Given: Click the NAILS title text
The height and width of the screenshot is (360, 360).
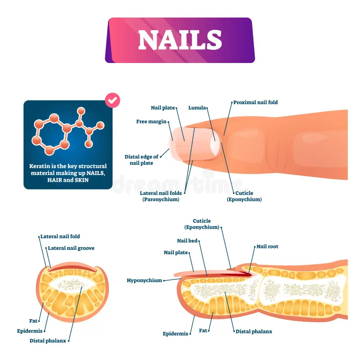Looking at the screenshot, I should (180, 40).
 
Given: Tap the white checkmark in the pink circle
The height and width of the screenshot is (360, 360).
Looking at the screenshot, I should (112, 102).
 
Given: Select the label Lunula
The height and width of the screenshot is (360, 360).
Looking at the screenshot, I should (198, 108).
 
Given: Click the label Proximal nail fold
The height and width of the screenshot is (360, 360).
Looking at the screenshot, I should (255, 102).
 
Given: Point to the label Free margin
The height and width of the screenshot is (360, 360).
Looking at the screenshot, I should (152, 121).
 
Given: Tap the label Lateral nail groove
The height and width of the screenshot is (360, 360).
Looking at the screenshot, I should (71, 248).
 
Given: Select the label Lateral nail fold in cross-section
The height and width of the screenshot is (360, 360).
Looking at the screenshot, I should (60, 236).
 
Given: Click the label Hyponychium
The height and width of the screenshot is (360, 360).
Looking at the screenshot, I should (144, 280).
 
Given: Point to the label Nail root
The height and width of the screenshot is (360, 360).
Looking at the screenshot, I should (267, 247).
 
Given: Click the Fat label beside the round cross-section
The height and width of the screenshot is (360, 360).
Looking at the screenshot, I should (33, 321).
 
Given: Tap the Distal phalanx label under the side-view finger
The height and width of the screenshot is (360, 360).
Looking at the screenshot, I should (254, 331).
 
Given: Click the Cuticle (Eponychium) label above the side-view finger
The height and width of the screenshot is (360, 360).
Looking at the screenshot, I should (202, 224).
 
